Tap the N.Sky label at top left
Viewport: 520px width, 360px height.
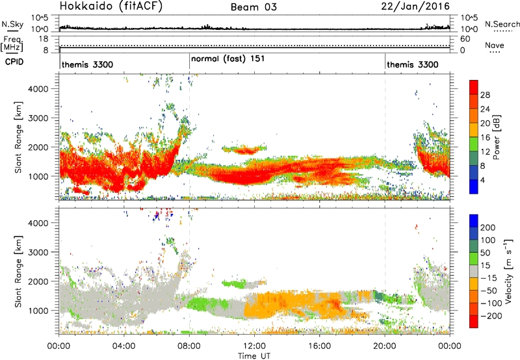tap(10, 25)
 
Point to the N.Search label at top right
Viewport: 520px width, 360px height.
tap(502, 24)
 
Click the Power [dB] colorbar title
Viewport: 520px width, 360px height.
tap(497, 137)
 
